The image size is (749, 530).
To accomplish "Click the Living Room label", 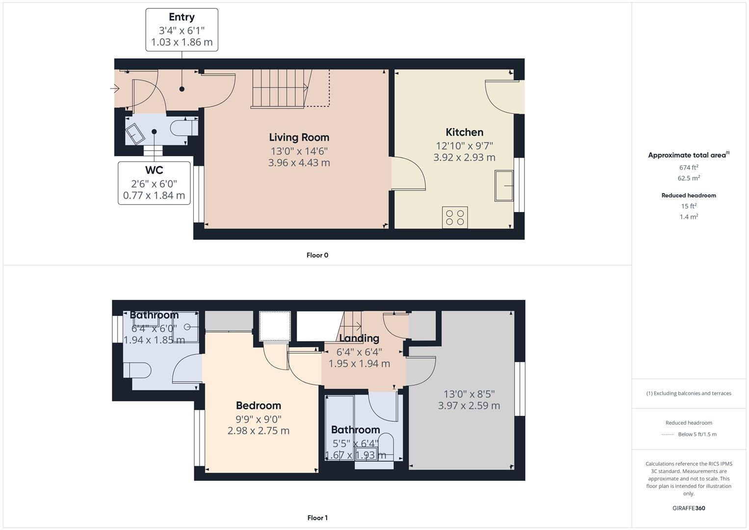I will click(x=299, y=137).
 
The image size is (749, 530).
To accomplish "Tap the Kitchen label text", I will click(x=464, y=132).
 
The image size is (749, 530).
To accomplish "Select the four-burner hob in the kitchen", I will click(x=455, y=217).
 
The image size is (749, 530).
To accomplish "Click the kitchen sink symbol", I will click(x=504, y=185).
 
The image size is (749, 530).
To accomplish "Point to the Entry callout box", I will click(x=181, y=29).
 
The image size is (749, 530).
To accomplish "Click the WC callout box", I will click(x=154, y=183).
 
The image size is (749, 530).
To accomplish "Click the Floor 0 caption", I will click(x=317, y=255).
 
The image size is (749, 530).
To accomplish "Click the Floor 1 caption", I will click(x=317, y=518).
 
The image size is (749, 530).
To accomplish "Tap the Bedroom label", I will click(x=258, y=405).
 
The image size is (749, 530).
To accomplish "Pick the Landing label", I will click(x=359, y=338).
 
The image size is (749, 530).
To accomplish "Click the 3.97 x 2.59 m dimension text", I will click(x=469, y=406).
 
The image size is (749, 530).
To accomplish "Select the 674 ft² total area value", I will click(x=689, y=167).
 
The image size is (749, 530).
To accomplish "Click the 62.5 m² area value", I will click(x=689, y=178).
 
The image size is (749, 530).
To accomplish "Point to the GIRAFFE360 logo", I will click(x=689, y=508).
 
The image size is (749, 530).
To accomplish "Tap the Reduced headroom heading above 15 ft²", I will click(x=689, y=195).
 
